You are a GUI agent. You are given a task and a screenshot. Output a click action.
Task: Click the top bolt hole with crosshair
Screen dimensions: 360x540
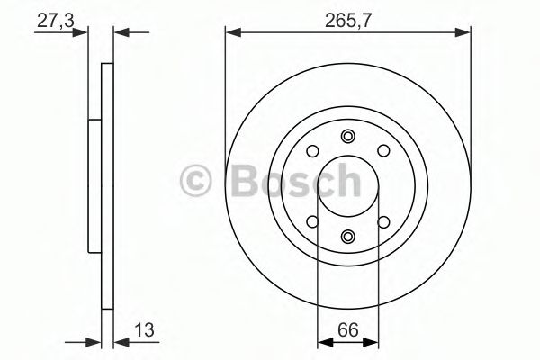[x=347, y=136]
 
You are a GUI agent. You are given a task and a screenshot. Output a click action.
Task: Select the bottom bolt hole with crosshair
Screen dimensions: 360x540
[x=347, y=236]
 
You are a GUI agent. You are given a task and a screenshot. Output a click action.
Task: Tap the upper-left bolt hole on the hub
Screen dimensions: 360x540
[x=312, y=151]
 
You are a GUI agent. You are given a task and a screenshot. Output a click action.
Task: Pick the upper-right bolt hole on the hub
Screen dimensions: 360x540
[x=382, y=151]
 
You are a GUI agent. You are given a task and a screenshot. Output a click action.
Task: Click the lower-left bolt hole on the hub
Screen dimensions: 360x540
[x=312, y=220]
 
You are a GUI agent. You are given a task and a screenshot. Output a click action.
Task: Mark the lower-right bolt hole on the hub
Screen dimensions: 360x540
[x=382, y=220]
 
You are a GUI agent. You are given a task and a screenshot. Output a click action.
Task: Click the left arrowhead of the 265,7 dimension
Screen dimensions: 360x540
[x=231, y=33]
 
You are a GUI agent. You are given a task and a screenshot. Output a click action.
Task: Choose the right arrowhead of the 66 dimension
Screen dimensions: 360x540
[x=371, y=342]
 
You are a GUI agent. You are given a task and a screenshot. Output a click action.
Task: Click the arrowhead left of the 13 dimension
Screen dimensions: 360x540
[x=93, y=342]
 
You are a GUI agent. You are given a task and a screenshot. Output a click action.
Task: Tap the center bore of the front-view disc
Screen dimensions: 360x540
[x=347, y=185]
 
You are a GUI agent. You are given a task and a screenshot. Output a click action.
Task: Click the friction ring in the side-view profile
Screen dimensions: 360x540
[x=106, y=185]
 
